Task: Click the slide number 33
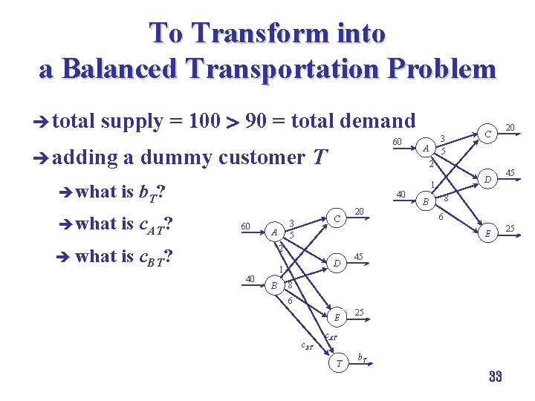pos(496,376)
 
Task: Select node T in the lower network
pos(340,363)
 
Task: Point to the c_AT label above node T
pos(333,339)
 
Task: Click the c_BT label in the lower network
pos(307,345)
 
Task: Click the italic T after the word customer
pos(320,157)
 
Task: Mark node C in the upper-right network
pos(488,134)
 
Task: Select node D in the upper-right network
pos(487,179)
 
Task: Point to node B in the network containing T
pos(274,284)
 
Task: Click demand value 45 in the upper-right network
pos(510,174)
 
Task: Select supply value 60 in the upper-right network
pos(398,142)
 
